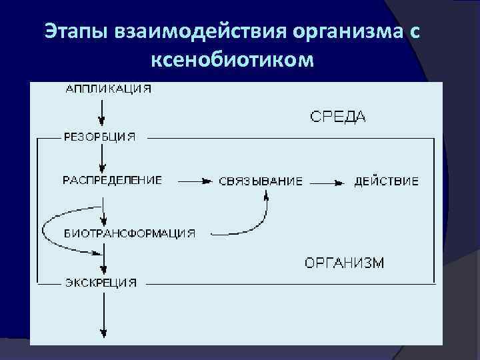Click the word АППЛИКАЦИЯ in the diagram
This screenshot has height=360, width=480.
click(x=108, y=88)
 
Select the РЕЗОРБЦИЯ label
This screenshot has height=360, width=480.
click(x=99, y=137)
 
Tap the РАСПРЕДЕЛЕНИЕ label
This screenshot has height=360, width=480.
click(x=112, y=181)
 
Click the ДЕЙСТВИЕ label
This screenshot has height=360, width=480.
click(x=387, y=181)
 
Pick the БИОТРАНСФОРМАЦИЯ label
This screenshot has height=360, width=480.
click(x=129, y=233)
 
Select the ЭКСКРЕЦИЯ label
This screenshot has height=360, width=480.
click(x=101, y=282)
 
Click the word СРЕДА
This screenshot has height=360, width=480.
click(x=338, y=117)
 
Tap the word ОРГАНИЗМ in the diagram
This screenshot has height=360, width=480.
click(x=344, y=263)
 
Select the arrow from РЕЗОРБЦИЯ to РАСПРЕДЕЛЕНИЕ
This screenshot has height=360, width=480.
click(x=101, y=159)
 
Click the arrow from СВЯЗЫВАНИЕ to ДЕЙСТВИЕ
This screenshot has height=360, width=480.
click(x=328, y=181)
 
